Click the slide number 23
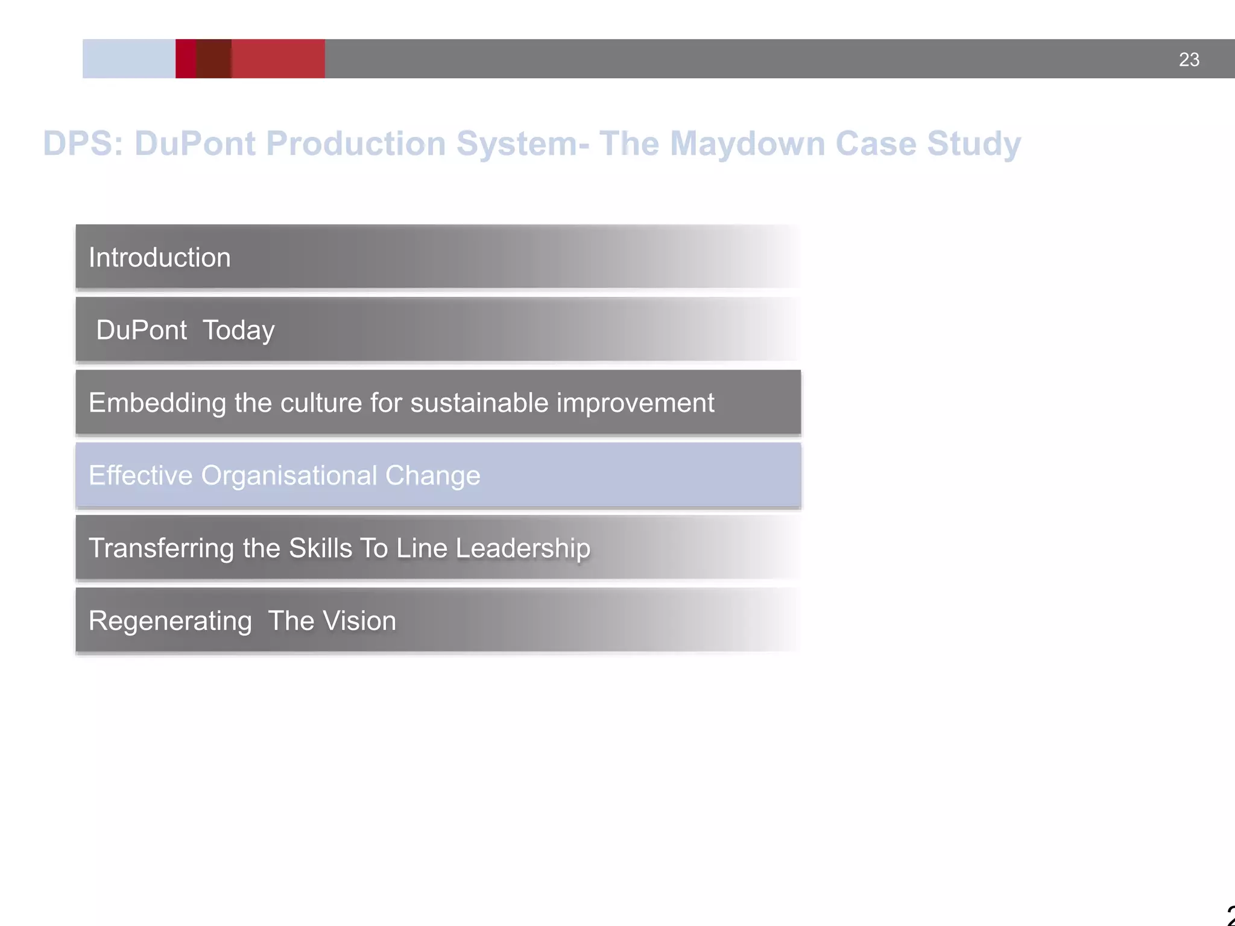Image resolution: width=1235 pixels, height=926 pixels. [x=1189, y=60]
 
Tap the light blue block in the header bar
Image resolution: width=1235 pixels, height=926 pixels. [x=128, y=59]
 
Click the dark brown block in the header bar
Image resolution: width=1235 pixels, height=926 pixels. [x=214, y=59]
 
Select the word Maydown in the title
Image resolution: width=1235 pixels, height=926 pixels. [x=747, y=144]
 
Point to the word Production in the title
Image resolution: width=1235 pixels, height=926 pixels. [x=356, y=144]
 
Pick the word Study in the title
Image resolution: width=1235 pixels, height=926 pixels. [x=973, y=144]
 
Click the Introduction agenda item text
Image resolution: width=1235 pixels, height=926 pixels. [x=159, y=257]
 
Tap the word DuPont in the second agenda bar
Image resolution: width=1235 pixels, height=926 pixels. [x=141, y=330]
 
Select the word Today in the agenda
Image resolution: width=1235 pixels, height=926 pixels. [x=238, y=330]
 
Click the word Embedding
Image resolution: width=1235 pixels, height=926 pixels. [x=157, y=403]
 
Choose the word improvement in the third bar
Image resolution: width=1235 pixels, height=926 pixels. [x=635, y=403]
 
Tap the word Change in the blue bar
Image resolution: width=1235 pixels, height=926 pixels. [x=432, y=476]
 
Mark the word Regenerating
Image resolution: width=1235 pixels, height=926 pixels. [x=170, y=622]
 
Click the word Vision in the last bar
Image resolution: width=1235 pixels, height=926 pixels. [x=361, y=621]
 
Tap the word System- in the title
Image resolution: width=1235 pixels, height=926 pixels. [x=522, y=144]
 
